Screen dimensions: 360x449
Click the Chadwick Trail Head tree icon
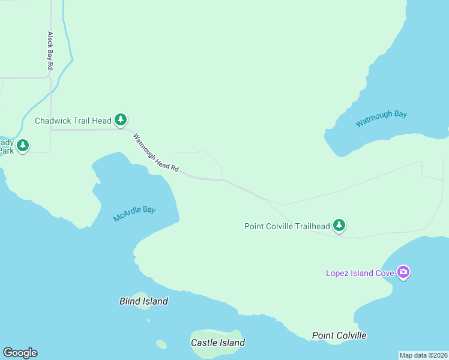pyautogui.click(x=121, y=120)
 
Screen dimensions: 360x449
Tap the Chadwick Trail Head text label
pyautogui.click(x=73, y=121)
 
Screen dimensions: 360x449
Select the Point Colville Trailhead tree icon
pyautogui.click(x=340, y=226)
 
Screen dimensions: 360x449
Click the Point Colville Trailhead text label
pyautogui.click(x=287, y=226)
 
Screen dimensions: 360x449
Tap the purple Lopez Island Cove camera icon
pyautogui.click(x=403, y=272)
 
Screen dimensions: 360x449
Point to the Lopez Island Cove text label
pyautogui.click(x=360, y=273)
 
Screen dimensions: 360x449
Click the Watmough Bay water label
pyautogui.click(x=381, y=118)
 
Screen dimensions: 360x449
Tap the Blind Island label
pyautogui.click(x=143, y=301)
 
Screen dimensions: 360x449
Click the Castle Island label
pyautogui.click(x=217, y=343)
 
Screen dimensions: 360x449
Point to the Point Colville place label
pyautogui.click(x=339, y=335)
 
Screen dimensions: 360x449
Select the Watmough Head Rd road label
pyautogui.click(x=156, y=153)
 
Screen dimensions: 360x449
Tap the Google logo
pyautogui.click(x=20, y=353)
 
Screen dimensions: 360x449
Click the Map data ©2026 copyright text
pyautogui.click(x=423, y=355)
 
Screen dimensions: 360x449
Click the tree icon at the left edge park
pyautogui.click(x=23, y=145)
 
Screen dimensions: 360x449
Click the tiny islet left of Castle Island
pyautogui.click(x=161, y=344)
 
